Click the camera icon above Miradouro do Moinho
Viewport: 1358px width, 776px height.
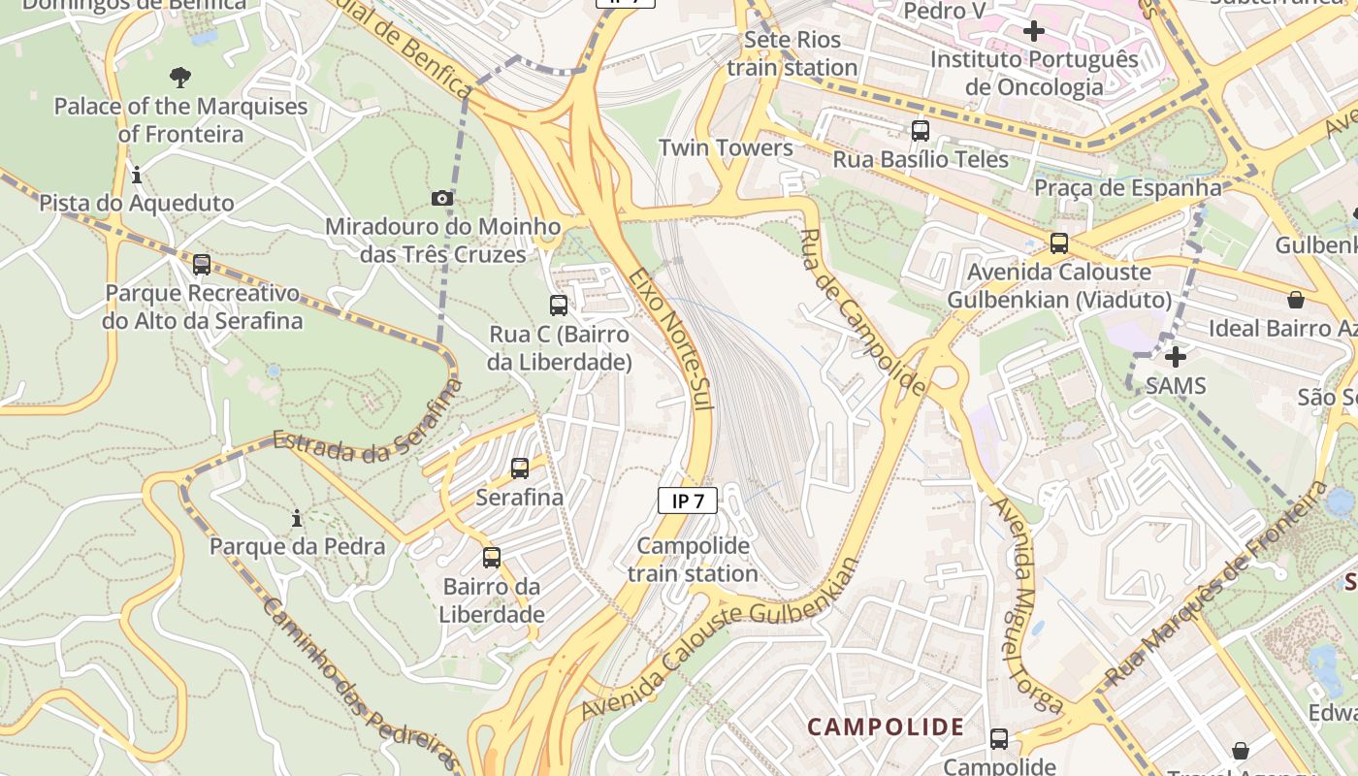tap(441, 199)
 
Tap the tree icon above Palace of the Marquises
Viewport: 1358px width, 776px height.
tap(179, 78)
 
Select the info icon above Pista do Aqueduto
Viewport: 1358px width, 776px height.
tap(137, 176)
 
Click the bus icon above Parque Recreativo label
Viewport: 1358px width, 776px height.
tap(202, 264)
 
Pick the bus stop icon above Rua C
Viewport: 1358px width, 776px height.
tap(559, 306)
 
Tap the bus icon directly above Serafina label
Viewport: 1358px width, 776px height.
tap(520, 469)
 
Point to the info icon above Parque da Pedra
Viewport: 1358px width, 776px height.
tap(297, 519)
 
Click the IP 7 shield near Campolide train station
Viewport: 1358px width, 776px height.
tap(688, 501)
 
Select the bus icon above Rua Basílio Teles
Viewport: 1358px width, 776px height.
tap(920, 130)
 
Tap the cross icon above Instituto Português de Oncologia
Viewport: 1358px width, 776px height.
tap(1034, 31)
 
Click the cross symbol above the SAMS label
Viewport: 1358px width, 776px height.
tap(1175, 357)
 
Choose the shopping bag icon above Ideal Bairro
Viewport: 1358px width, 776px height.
tap(1295, 300)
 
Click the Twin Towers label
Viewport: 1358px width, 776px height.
tap(726, 147)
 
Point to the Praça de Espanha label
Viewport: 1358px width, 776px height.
tap(1127, 187)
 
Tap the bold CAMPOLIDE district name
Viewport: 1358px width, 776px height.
tap(886, 727)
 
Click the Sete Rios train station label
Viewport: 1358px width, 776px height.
tap(792, 54)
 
